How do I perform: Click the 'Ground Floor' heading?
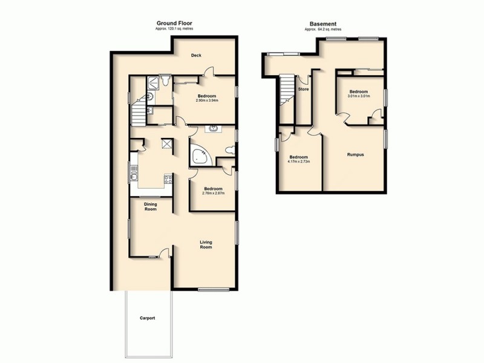tap(174, 24)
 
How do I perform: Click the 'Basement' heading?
tap(322, 24)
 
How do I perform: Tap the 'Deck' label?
tap(196, 56)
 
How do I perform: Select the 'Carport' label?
tap(148, 318)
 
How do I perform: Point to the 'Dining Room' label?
tap(150, 206)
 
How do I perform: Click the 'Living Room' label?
tap(206, 245)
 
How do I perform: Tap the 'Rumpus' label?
tap(355, 155)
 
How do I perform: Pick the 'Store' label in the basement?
tap(304, 90)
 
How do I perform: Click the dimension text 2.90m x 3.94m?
tap(207, 100)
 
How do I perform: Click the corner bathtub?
tap(200, 156)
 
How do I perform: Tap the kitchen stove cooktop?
tap(168, 178)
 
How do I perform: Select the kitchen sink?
tap(134, 176)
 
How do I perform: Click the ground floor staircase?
tap(139, 113)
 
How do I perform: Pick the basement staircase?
tap(286, 97)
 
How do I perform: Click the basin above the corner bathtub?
tap(214, 128)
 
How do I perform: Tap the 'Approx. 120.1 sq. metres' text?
tap(174, 29)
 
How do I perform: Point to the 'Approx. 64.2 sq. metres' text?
tap(322, 29)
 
